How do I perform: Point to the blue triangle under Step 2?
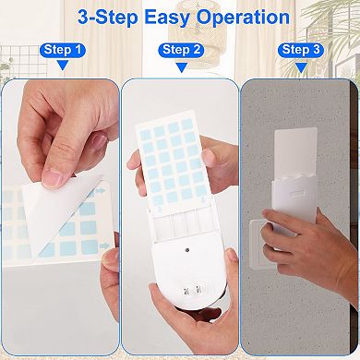coord(180,66)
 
